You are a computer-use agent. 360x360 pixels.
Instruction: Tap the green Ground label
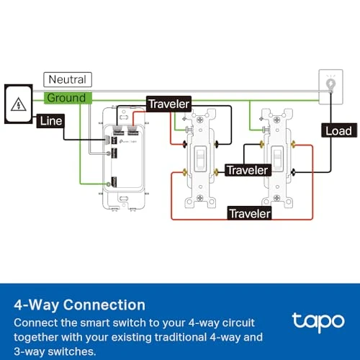66,97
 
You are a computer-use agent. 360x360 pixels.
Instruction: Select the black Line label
50,121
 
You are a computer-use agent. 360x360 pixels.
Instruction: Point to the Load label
338,130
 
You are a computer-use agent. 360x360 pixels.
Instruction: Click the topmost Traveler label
168,104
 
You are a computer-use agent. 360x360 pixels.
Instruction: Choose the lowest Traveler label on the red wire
250,213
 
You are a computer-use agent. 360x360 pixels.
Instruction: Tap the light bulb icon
331,84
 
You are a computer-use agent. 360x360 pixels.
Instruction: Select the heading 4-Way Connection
80,305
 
